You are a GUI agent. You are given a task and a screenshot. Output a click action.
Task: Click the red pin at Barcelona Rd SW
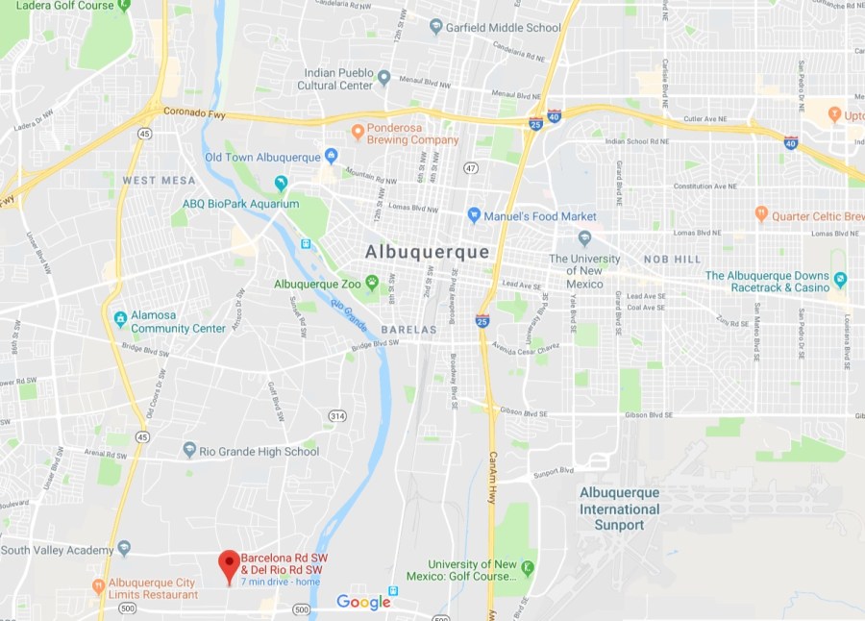229,564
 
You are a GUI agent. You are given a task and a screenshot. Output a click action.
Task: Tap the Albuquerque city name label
427,252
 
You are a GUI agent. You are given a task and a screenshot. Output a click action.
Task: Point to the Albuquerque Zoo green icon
372,284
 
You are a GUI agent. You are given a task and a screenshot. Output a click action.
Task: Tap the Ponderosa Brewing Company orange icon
358,131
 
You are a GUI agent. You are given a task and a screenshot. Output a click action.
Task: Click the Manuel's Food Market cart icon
473,215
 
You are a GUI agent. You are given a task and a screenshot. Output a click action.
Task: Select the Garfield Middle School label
503,27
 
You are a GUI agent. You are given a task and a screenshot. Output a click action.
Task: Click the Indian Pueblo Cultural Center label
338,79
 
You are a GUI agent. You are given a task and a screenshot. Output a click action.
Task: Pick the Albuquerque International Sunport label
619,509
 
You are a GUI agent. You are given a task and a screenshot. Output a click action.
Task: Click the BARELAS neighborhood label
408,330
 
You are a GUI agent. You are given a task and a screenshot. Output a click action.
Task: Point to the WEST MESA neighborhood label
159,181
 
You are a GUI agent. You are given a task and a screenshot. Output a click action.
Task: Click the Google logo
363,603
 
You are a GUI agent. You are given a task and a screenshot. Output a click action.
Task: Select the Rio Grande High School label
259,450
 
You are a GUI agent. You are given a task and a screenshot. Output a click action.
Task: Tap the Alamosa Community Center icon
119,318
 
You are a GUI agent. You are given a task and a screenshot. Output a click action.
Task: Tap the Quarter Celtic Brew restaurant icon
761,213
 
